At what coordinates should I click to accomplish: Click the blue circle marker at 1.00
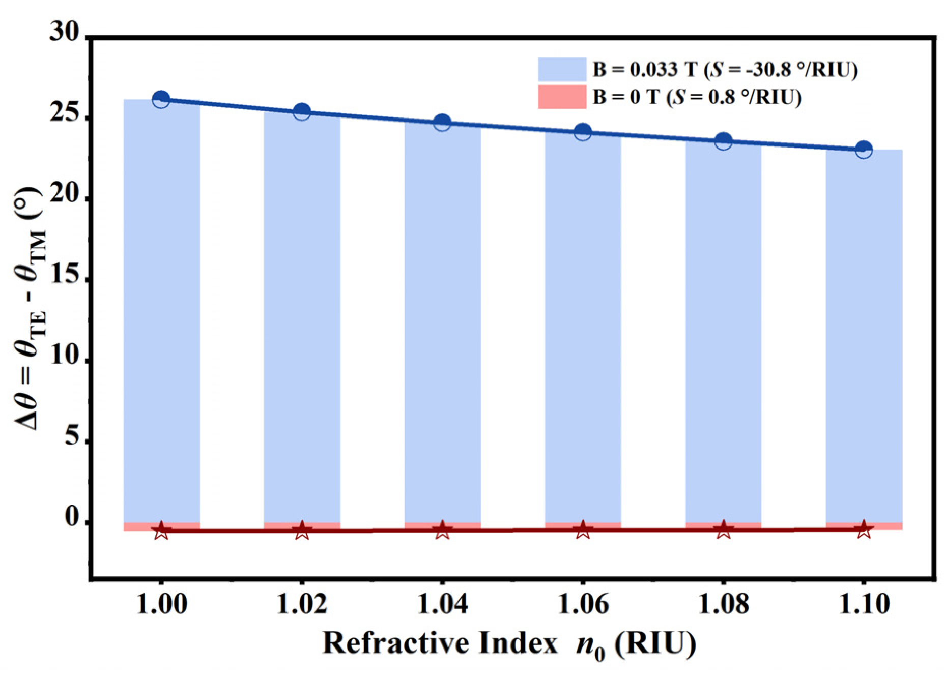click(161, 100)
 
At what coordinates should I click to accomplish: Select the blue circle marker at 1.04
click(442, 123)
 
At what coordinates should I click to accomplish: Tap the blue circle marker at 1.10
click(864, 150)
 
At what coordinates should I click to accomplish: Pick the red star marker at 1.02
click(302, 531)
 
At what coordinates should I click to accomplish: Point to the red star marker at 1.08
click(723, 529)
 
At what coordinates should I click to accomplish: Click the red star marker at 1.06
click(583, 530)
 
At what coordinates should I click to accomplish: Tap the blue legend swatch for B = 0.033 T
click(562, 69)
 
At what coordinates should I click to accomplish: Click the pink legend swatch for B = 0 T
click(562, 97)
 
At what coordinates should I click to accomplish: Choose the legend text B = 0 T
click(625, 97)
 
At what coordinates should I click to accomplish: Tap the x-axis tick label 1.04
click(442, 604)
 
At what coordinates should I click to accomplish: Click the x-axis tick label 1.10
click(864, 604)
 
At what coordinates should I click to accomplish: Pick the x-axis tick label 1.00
click(161, 604)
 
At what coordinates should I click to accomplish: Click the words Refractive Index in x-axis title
click(440, 643)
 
